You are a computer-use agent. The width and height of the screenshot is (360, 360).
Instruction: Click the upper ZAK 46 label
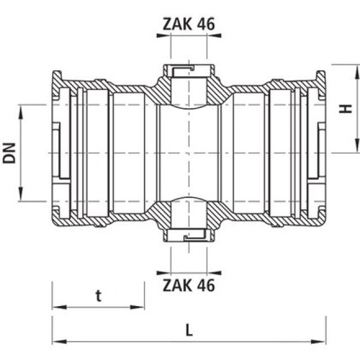188,24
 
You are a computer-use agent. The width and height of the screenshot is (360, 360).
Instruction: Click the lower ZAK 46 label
188,285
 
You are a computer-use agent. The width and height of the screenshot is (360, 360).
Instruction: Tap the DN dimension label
10,152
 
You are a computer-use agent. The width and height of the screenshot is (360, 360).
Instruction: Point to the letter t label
98,296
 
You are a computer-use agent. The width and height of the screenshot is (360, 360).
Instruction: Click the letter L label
189,330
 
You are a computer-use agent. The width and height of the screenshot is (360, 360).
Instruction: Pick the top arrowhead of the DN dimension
21,109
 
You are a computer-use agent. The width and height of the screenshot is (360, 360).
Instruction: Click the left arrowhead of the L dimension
56,341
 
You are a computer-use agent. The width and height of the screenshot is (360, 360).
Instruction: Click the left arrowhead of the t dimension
56,307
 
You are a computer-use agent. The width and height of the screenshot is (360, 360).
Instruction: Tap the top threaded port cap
188,71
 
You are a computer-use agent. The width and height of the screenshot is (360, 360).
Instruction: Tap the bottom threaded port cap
188,235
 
